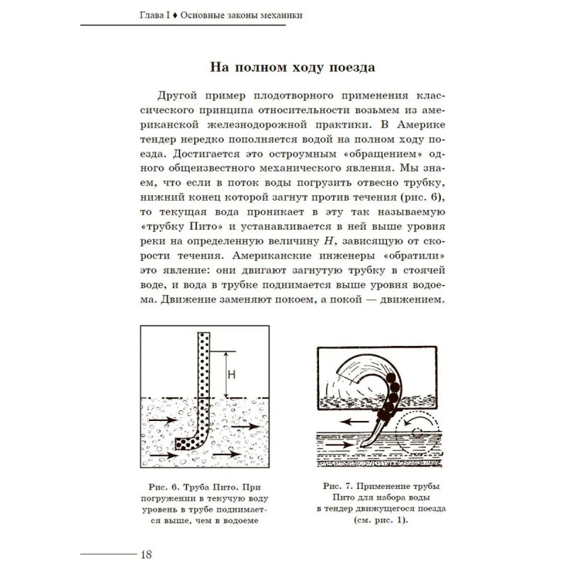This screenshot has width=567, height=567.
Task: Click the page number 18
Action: pyautogui.click(x=147, y=554)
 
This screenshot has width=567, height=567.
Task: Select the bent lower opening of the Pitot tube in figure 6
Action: pyautogui.click(x=179, y=444)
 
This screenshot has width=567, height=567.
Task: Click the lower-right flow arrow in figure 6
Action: pyautogui.click(x=228, y=452)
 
